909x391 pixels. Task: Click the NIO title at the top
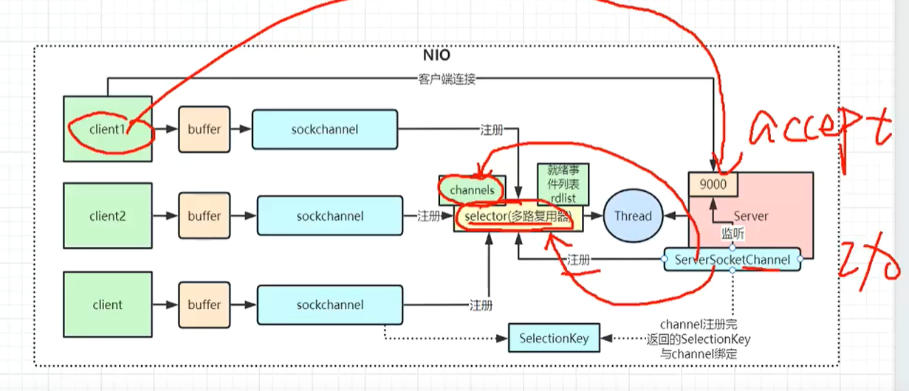pos(436,55)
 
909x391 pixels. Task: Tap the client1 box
pos(108,128)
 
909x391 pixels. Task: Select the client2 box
pos(108,216)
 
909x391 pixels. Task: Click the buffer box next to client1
pos(204,129)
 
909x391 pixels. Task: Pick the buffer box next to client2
pos(204,216)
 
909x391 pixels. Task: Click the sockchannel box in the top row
pos(324,129)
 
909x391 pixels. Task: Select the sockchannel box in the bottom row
pos(330,305)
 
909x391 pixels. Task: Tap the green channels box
pos(473,190)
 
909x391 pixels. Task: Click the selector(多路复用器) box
pos(518,216)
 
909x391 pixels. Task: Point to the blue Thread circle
pos(633,216)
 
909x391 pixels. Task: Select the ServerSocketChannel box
pos(732,260)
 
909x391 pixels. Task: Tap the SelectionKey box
pos(554,338)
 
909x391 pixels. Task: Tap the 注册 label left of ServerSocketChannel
pos(577,260)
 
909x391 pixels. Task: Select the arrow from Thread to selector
pos(594,216)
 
